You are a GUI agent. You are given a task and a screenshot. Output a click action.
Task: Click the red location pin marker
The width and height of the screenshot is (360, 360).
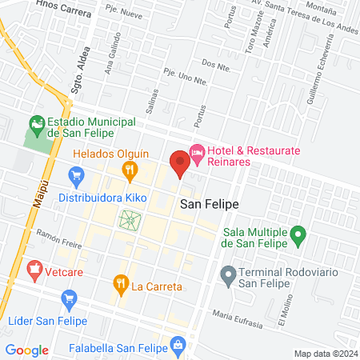(x=179, y=163)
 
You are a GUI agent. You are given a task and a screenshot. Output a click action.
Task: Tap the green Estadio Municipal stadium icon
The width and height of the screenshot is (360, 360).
(x=36, y=125)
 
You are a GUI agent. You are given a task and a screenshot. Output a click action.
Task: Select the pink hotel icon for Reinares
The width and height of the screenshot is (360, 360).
(x=197, y=150)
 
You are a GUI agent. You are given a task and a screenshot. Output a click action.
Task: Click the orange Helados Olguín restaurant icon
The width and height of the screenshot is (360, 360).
(x=128, y=169)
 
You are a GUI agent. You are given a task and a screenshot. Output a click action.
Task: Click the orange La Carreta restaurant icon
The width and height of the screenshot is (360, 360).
(x=121, y=282)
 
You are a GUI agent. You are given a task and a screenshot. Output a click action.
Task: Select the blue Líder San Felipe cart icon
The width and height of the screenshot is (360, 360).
(x=69, y=298)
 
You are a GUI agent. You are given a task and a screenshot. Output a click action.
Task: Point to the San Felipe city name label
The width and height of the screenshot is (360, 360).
(x=209, y=205)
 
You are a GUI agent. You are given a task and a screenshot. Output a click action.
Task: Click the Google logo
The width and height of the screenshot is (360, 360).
(x=26, y=350)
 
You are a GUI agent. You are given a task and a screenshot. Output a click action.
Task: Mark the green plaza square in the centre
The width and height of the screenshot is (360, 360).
(x=129, y=219)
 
